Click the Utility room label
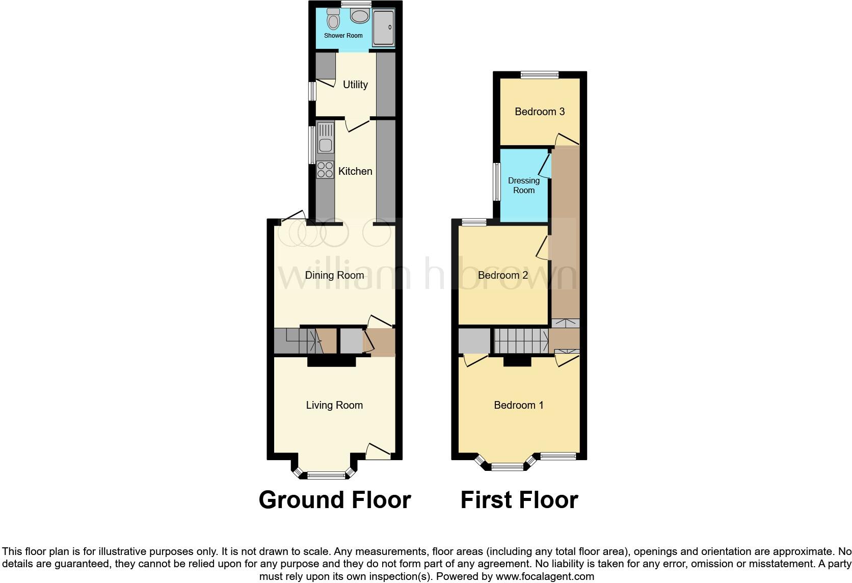coord(355,85)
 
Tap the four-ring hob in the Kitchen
coord(325,169)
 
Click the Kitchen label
coord(355,171)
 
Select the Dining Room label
coord(334,275)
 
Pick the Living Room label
coord(334,405)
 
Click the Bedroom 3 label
coord(540,112)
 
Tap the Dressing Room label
coord(524,185)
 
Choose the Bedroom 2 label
coord(503,275)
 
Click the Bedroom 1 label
coord(519,405)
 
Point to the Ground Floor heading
coord(335,500)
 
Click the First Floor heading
coord(519,500)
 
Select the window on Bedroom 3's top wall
coord(540,75)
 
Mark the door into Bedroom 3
coord(567,139)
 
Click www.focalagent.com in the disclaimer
coord(545,577)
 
